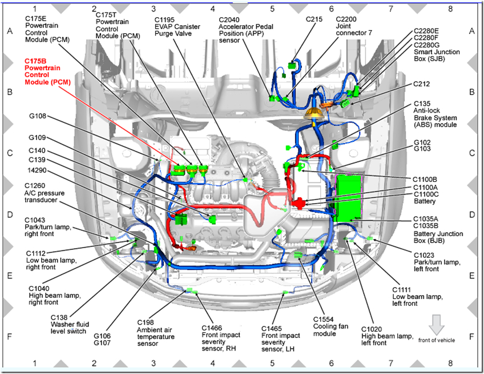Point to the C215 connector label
coord(313,19)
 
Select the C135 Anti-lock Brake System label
coord(435,114)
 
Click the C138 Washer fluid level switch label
coord(70,324)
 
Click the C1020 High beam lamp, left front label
coord(385,336)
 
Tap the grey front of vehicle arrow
coord(436,325)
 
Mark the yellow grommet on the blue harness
coord(312,114)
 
